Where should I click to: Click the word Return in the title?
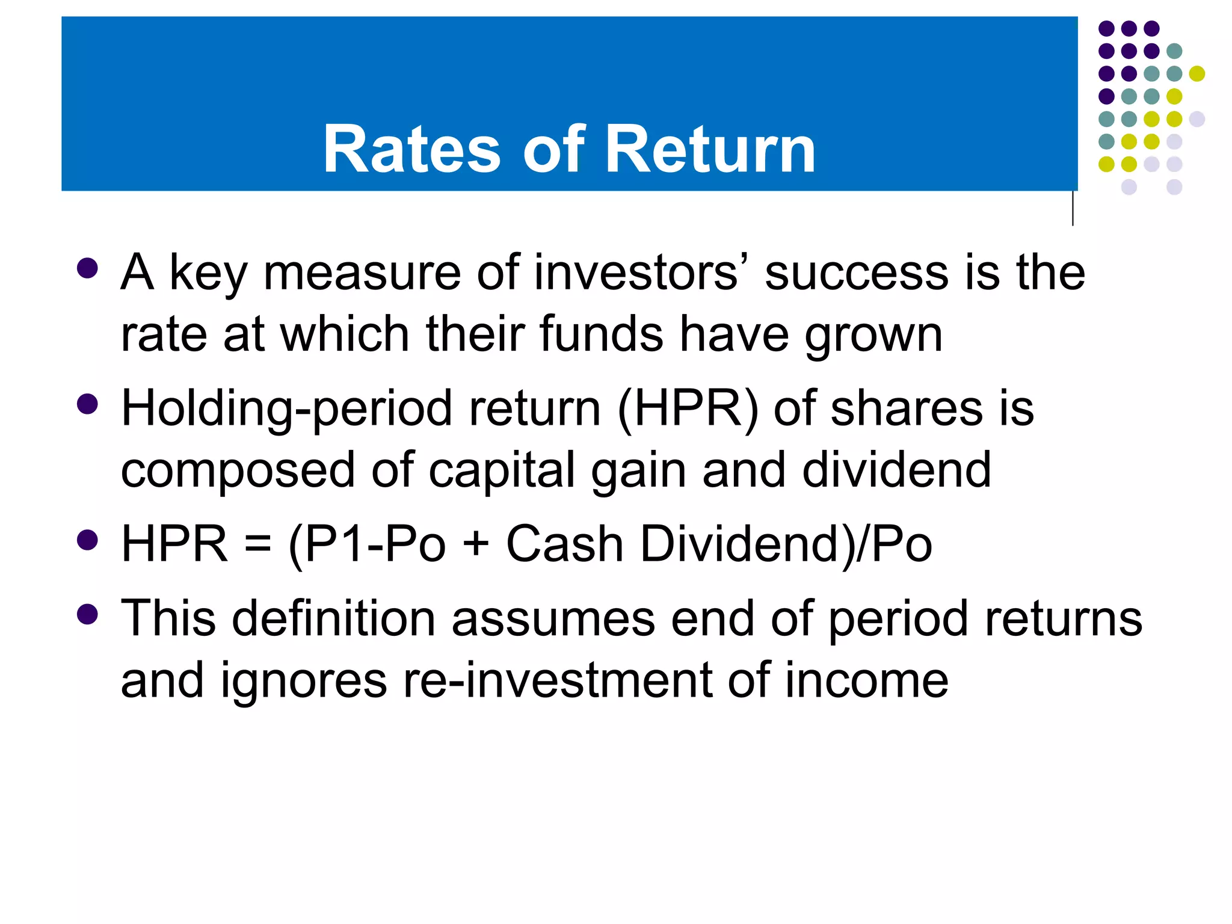coord(710,149)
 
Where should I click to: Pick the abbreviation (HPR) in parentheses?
coord(688,409)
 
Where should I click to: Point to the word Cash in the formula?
coord(564,544)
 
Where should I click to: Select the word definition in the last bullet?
coord(334,618)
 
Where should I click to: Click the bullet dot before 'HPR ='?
coord(88,540)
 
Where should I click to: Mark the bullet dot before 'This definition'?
coord(88,614)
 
